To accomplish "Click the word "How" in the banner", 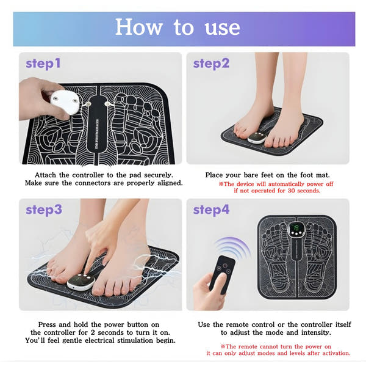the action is pyautogui.click(x=139, y=27).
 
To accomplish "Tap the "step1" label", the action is pyautogui.click(x=43, y=64).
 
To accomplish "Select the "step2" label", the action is pyautogui.click(x=211, y=64).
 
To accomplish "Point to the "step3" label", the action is pyautogui.click(x=44, y=210).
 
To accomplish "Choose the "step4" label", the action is pyautogui.click(x=211, y=210).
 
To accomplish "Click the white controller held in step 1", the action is pyautogui.click(x=65, y=102).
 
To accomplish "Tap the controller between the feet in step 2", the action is pyautogui.click(x=256, y=137).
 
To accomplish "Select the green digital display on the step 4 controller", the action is pyautogui.click(x=296, y=228).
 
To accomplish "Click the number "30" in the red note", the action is pyautogui.click(x=292, y=191).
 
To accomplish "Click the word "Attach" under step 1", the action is pyautogui.click(x=45, y=175).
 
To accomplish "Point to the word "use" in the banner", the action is pyautogui.click(x=222, y=28).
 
